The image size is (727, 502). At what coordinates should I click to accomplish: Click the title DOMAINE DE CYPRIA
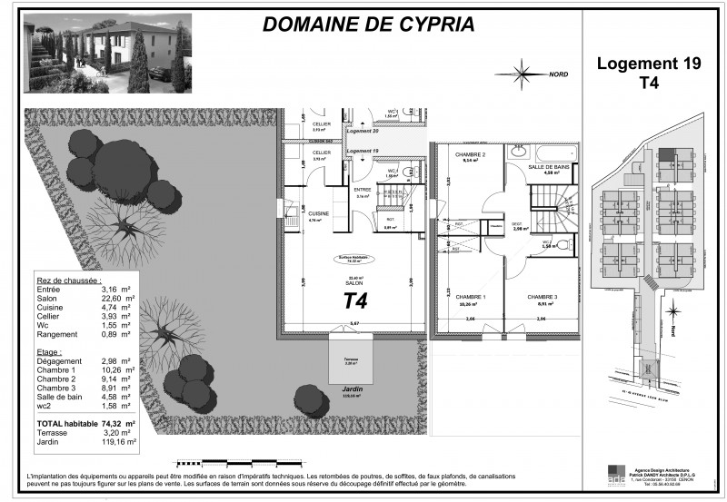tap(368, 25)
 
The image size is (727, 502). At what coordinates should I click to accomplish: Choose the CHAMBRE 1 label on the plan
tap(470, 298)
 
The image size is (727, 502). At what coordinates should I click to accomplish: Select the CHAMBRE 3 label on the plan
tap(543, 298)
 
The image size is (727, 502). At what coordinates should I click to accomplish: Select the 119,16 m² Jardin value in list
tap(117, 442)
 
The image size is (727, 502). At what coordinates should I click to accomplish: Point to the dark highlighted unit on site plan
tap(669, 155)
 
